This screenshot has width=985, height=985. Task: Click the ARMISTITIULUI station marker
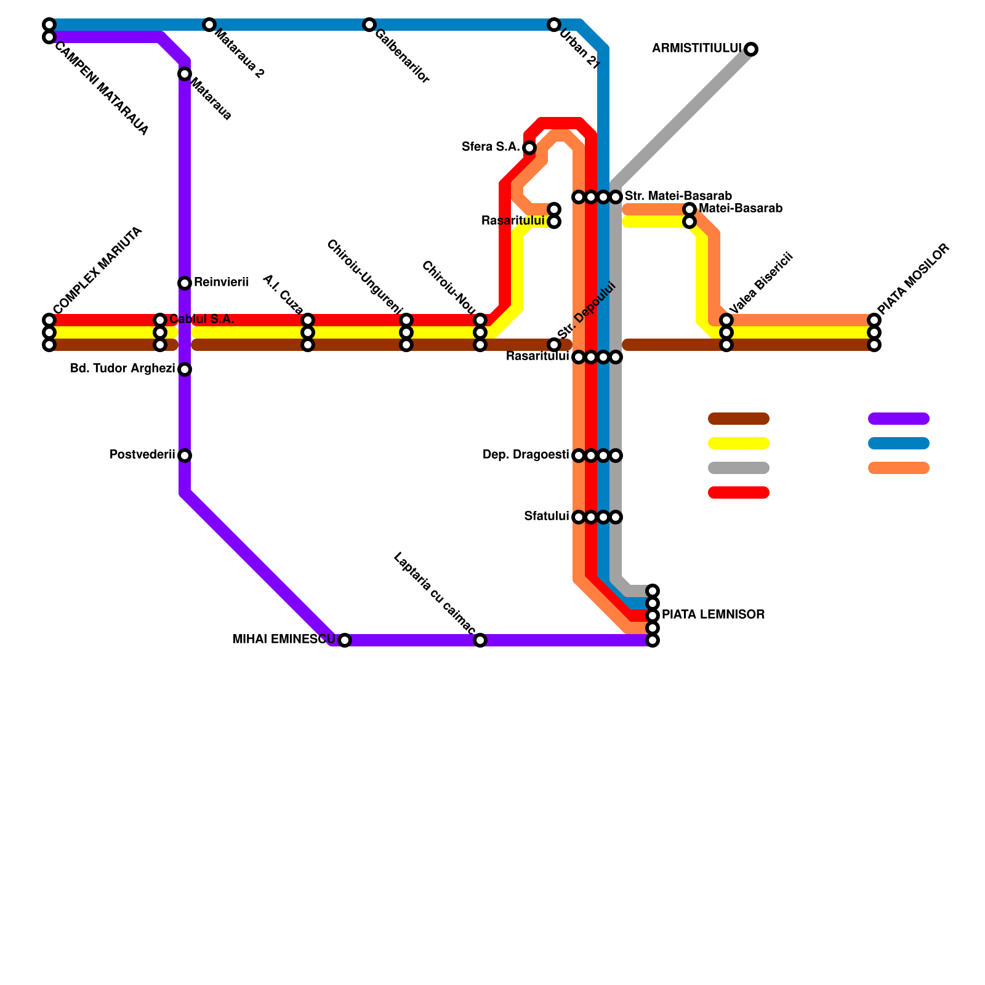[x=751, y=49]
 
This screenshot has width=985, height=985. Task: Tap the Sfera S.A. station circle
[x=529, y=148]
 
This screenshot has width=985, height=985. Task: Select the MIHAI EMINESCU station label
[x=283, y=640]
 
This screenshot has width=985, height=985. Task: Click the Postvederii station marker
[x=185, y=456]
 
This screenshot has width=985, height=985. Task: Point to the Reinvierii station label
[x=221, y=283]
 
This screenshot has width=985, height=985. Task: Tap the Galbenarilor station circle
[x=369, y=25]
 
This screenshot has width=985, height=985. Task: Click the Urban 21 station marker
[x=554, y=25]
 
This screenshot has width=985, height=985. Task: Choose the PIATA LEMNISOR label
[x=713, y=615]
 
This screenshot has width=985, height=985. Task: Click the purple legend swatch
[x=898, y=419]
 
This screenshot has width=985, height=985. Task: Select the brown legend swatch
[x=738, y=419]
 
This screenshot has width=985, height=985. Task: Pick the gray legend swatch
[x=738, y=468]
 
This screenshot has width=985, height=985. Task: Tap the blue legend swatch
[x=898, y=443]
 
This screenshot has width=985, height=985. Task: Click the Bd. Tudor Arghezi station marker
[x=185, y=369]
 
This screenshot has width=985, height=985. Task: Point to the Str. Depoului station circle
[x=554, y=345]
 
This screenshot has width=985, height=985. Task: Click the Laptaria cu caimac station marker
[x=480, y=640]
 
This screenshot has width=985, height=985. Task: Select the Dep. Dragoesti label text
[x=525, y=456]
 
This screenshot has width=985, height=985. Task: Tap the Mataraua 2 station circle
[x=209, y=25]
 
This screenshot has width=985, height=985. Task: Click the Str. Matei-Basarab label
[x=678, y=196]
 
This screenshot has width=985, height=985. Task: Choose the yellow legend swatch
[x=738, y=443]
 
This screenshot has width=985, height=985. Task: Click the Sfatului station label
[x=546, y=517]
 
